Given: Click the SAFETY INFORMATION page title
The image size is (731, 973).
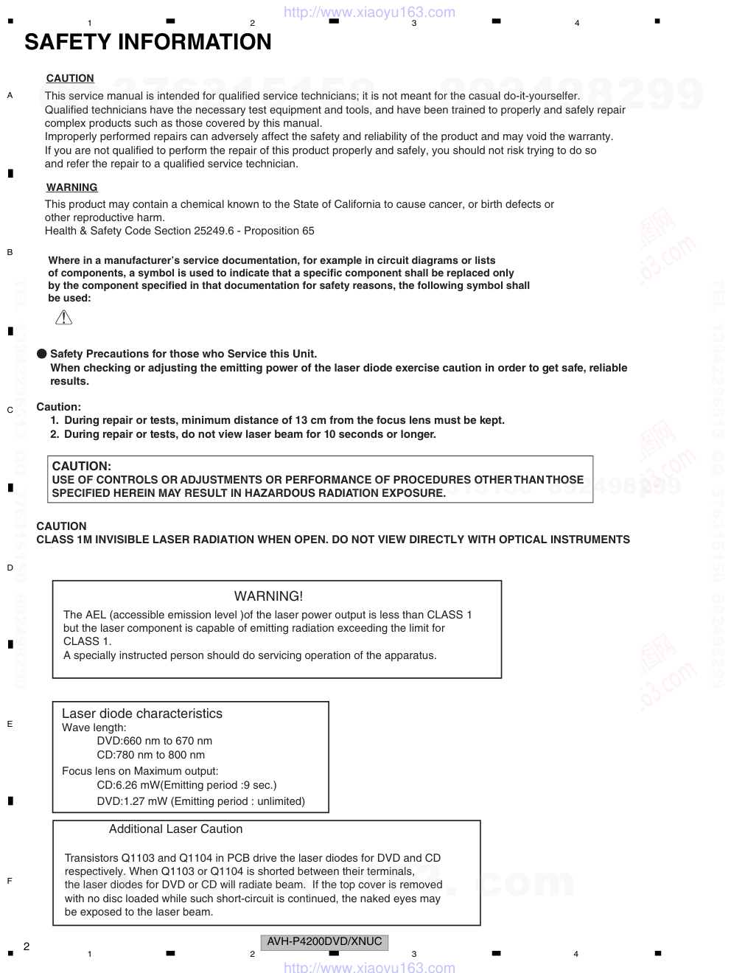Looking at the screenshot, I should point(147,42).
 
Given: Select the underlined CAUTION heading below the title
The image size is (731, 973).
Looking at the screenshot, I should point(70,78).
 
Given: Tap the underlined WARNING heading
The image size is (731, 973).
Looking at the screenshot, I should point(71,187).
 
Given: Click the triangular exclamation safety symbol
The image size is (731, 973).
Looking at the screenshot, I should point(64,318).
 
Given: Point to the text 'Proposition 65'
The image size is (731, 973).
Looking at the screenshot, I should point(279,231).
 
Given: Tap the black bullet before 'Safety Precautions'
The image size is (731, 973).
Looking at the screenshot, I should point(42,354).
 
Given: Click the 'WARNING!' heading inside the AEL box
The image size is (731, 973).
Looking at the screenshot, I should point(268,596).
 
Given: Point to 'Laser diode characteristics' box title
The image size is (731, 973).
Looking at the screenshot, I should point(141,714).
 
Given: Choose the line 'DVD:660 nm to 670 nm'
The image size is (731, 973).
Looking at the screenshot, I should point(154,741).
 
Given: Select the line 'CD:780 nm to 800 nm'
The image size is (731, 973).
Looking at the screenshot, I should point(150,755).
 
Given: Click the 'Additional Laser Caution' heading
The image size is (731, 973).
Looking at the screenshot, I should point(175,829).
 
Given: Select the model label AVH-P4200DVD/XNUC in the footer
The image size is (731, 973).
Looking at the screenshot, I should point(324,941).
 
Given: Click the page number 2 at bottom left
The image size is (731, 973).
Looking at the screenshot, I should point(27,946).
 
